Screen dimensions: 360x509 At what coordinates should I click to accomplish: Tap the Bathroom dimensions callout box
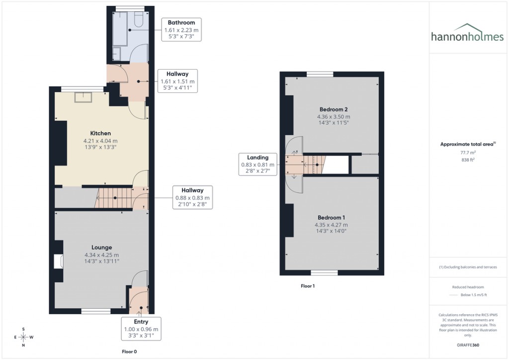click(181, 30)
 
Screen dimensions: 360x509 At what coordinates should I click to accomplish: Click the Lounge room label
click(101, 248)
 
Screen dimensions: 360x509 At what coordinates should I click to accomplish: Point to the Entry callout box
click(141, 329)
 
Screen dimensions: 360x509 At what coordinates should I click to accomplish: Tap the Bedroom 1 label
click(332, 218)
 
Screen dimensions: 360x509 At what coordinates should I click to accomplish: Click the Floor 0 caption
click(129, 352)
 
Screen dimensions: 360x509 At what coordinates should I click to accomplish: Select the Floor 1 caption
click(308, 286)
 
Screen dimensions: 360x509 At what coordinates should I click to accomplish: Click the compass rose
click(23, 337)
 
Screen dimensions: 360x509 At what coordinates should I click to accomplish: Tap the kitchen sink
click(83, 96)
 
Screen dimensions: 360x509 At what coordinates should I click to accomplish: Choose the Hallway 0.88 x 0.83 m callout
click(192, 197)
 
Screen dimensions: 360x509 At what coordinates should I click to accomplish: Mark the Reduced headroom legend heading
click(468, 287)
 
